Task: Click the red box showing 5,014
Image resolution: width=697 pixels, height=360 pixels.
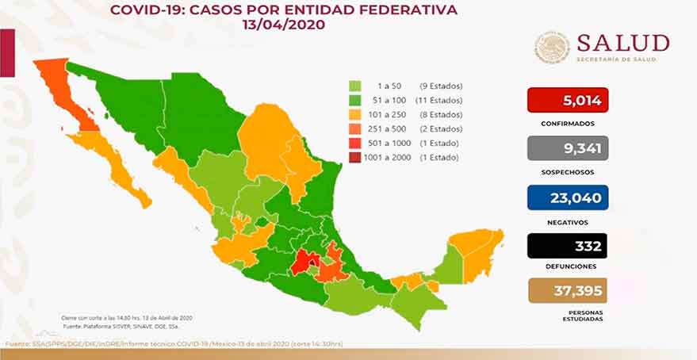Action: tap(567, 100)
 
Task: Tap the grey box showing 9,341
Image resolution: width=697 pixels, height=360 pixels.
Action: tap(567, 148)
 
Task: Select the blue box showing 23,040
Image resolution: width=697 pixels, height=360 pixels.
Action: tap(567, 197)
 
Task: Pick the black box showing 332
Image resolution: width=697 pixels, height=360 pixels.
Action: tap(567, 247)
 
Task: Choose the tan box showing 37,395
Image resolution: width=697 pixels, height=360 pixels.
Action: tap(567, 292)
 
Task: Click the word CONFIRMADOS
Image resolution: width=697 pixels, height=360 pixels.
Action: tap(567, 124)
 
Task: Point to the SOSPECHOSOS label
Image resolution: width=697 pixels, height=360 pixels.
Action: tap(567, 172)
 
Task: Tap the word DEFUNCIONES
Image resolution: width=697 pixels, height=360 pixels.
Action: tap(567, 269)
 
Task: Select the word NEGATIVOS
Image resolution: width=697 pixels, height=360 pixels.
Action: tap(567, 220)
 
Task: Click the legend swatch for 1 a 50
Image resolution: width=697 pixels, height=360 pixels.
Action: tap(355, 86)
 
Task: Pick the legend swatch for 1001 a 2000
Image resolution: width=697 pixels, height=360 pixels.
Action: tap(355, 158)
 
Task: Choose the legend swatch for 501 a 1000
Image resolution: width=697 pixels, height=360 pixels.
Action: tap(355, 144)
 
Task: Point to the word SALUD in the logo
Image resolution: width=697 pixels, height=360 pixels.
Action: tap(623, 43)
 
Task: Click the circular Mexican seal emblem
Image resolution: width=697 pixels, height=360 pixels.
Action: tap(552, 48)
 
